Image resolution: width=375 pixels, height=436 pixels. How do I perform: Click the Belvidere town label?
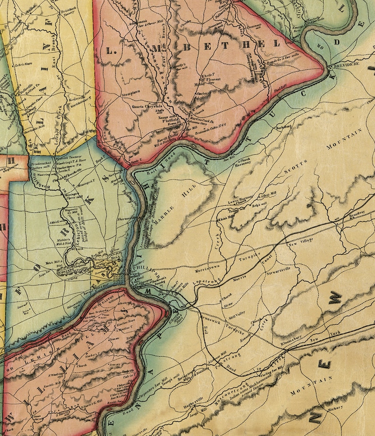pos(347,63)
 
